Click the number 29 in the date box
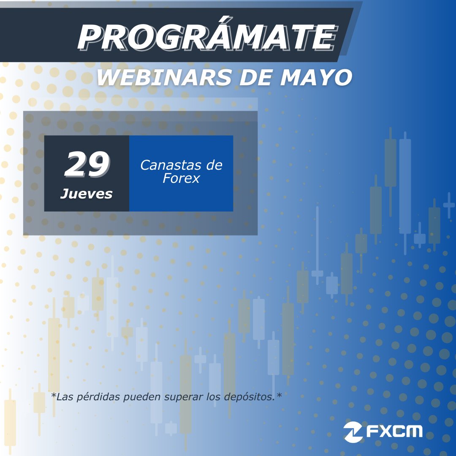coord(87,165)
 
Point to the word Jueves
coord(87,194)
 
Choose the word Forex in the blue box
coord(181,179)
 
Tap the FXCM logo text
coord(394,431)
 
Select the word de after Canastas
coord(213,165)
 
